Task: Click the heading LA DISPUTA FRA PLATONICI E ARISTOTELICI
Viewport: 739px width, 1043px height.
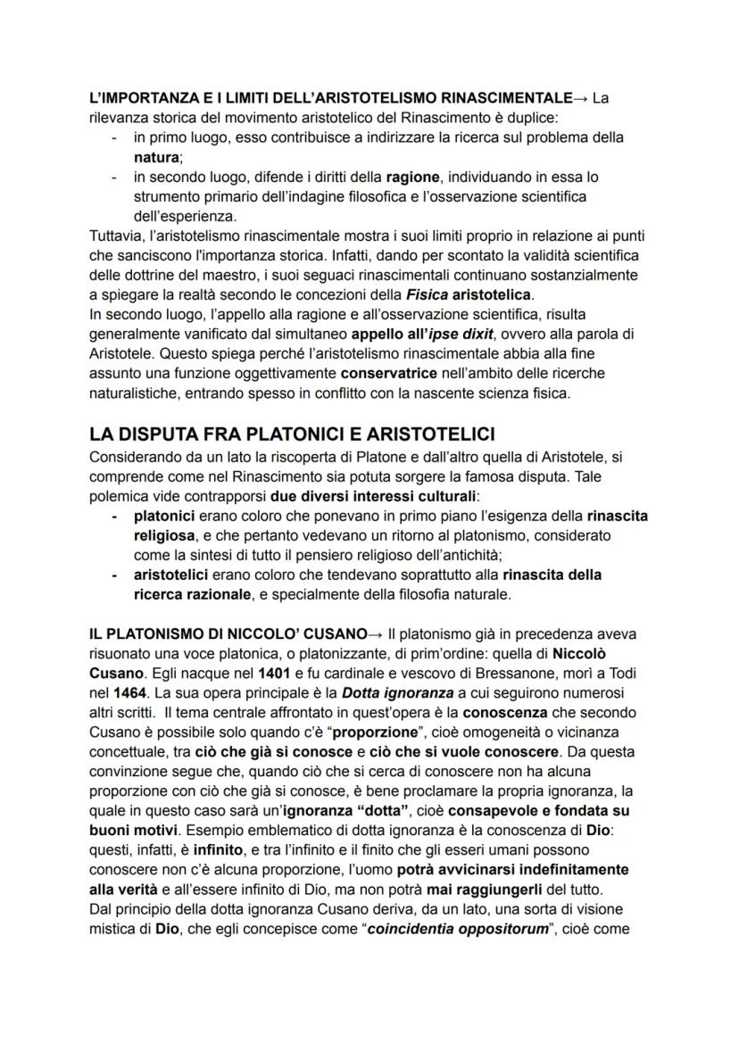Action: point(292,435)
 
